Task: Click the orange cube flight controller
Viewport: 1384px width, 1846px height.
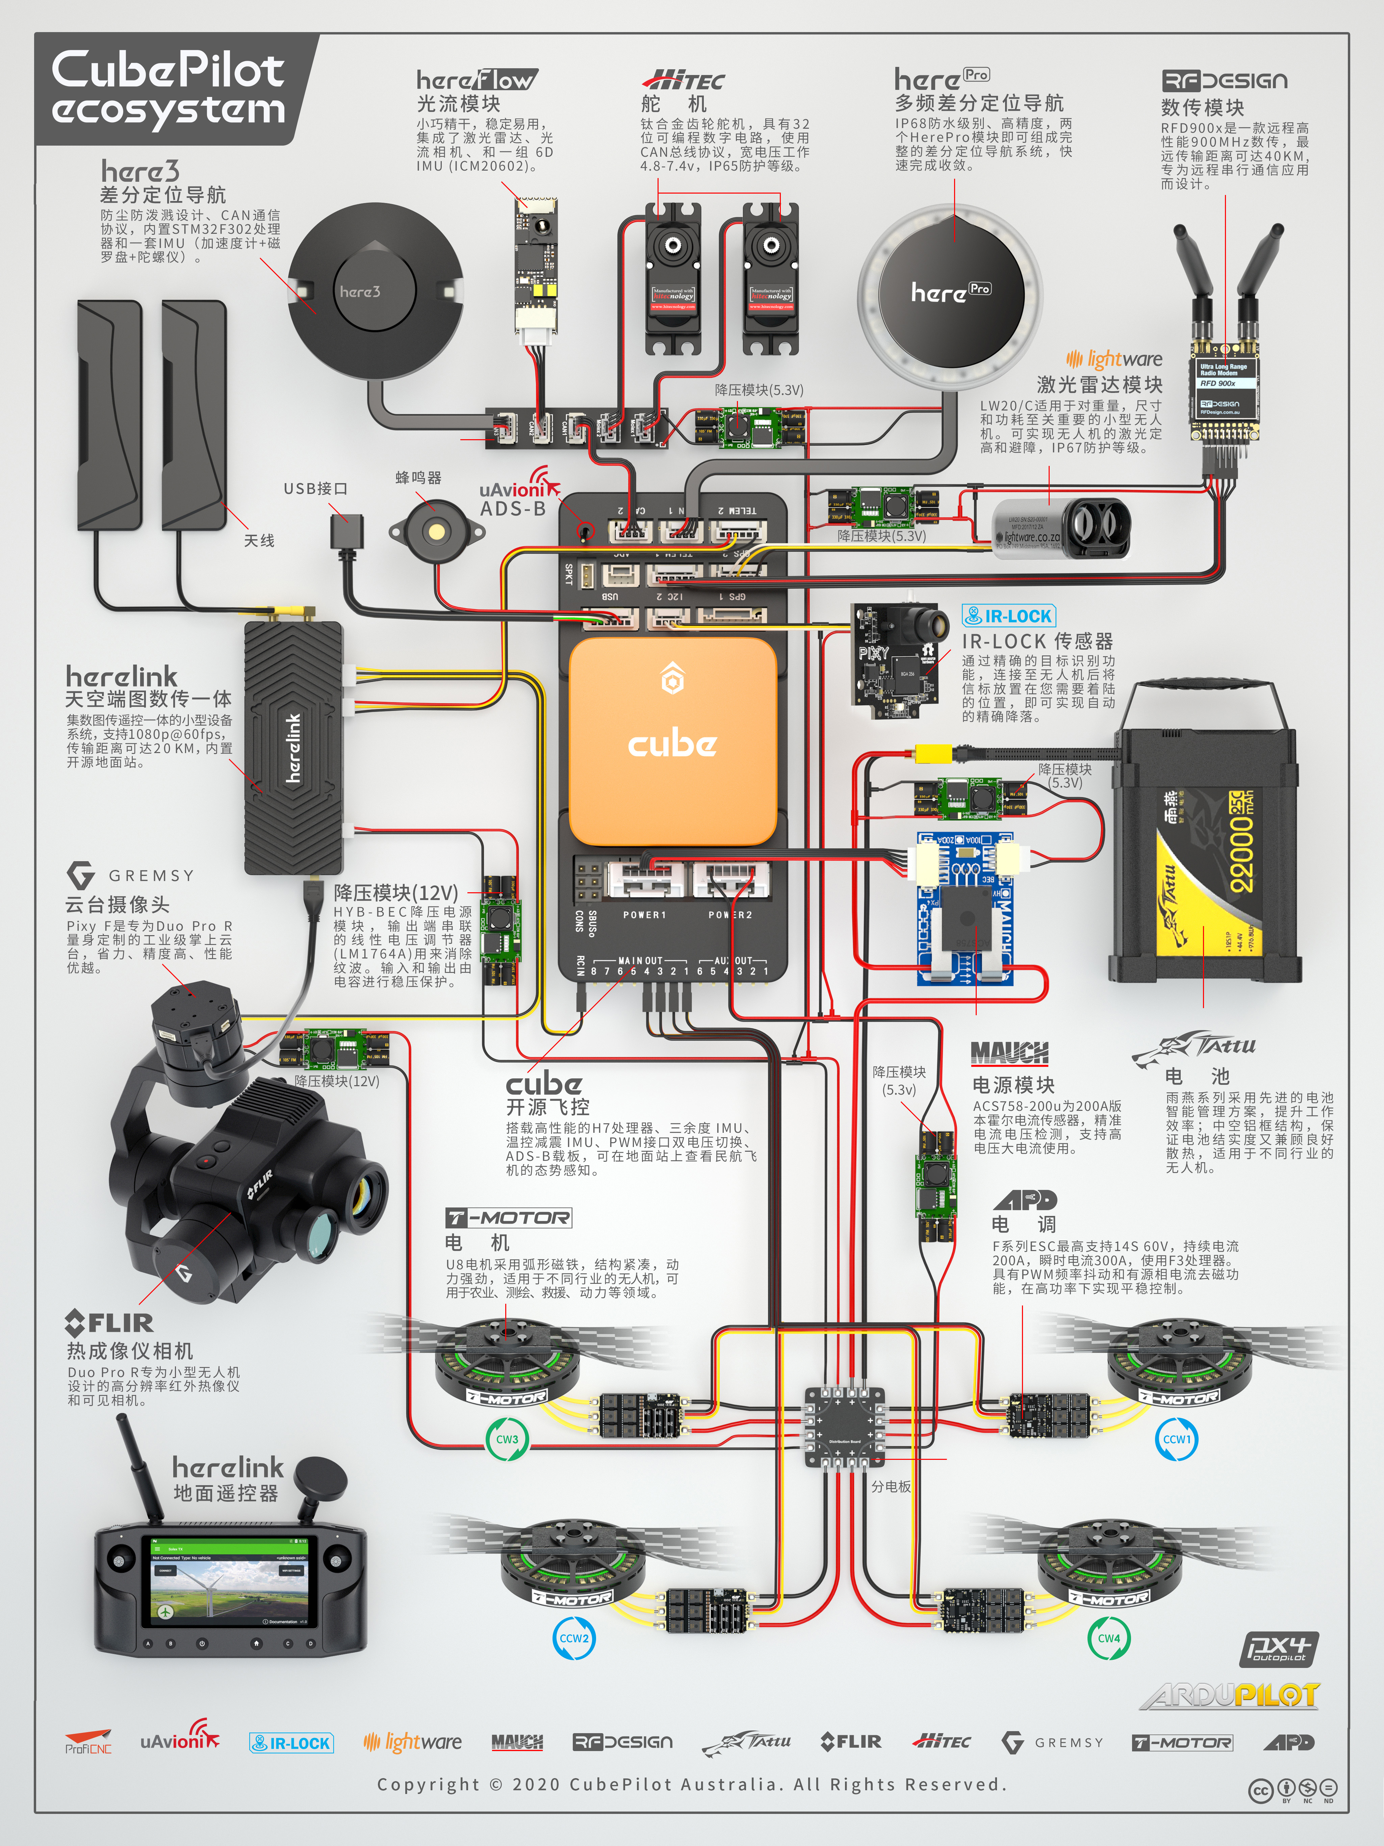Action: pos(672,741)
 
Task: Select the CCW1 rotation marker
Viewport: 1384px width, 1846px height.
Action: pos(1177,1439)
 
